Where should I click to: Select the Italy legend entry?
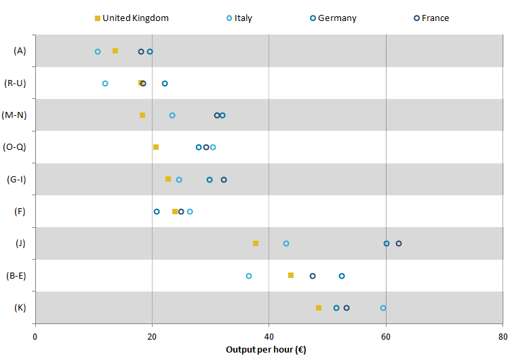[x=239, y=18]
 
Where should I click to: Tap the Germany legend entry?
[x=332, y=18]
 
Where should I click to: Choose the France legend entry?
[x=430, y=18]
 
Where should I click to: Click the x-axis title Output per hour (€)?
[x=268, y=350]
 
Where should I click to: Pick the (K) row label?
[x=20, y=308]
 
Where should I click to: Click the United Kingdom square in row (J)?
[x=256, y=243]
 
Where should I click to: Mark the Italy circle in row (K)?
[x=383, y=308]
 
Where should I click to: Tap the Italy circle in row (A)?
[x=98, y=52]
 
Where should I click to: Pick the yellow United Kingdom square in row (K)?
[x=319, y=308]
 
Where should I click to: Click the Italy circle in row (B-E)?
[x=249, y=276]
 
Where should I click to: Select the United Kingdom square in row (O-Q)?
[x=156, y=147]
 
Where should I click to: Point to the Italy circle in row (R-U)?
[x=105, y=83]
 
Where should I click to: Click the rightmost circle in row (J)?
[x=399, y=243]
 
